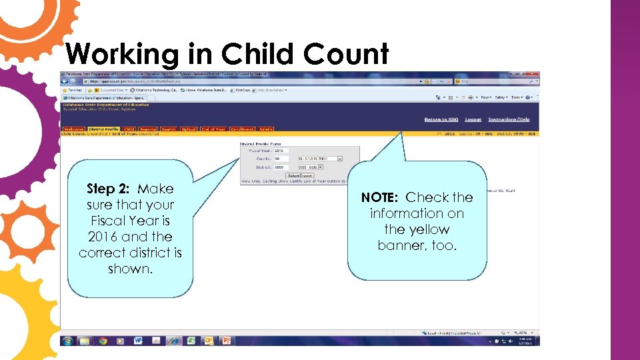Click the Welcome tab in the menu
[x=73, y=129]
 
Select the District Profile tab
[x=103, y=129]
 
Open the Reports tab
[x=148, y=129]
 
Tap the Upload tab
[x=189, y=129]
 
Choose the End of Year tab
[x=213, y=129]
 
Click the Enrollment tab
[x=243, y=129]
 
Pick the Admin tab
[x=266, y=129]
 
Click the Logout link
[x=473, y=119]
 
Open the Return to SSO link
[x=441, y=119]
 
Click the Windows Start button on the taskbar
[x=67, y=340]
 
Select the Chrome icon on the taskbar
[x=103, y=340]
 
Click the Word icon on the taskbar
[x=138, y=340]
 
